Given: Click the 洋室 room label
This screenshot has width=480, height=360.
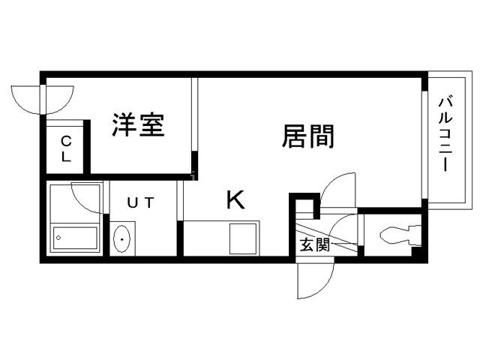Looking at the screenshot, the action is click(138, 125).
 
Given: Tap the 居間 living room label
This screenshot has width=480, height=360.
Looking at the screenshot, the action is click(308, 136).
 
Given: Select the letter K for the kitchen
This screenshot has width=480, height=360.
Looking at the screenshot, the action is click(235, 199).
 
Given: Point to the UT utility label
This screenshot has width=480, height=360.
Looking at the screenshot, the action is click(140, 202).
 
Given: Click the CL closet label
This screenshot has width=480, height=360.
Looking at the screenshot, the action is click(66, 149).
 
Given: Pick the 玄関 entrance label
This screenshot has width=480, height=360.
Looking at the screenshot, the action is click(315, 245).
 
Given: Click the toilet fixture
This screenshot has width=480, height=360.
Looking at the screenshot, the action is click(400, 235).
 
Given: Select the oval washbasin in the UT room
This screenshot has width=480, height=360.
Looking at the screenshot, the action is click(121, 239).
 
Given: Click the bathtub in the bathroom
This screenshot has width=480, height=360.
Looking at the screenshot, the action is click(76, 238).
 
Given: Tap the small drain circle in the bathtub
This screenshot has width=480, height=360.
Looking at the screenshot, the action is click(58, 238).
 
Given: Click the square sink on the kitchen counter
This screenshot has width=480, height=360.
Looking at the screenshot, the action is click(243, 238).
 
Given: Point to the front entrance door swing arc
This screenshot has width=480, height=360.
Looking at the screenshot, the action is click(316, 277).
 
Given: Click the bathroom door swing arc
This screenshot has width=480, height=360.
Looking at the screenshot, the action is click(87, 197).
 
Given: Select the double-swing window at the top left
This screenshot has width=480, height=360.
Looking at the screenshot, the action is click(43, 100).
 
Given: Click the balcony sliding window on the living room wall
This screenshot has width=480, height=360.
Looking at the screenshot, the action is click(424, 145).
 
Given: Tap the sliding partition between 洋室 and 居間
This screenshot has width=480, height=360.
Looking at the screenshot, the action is click(195, 114).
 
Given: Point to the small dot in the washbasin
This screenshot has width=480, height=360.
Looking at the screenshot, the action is click(121, 239).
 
